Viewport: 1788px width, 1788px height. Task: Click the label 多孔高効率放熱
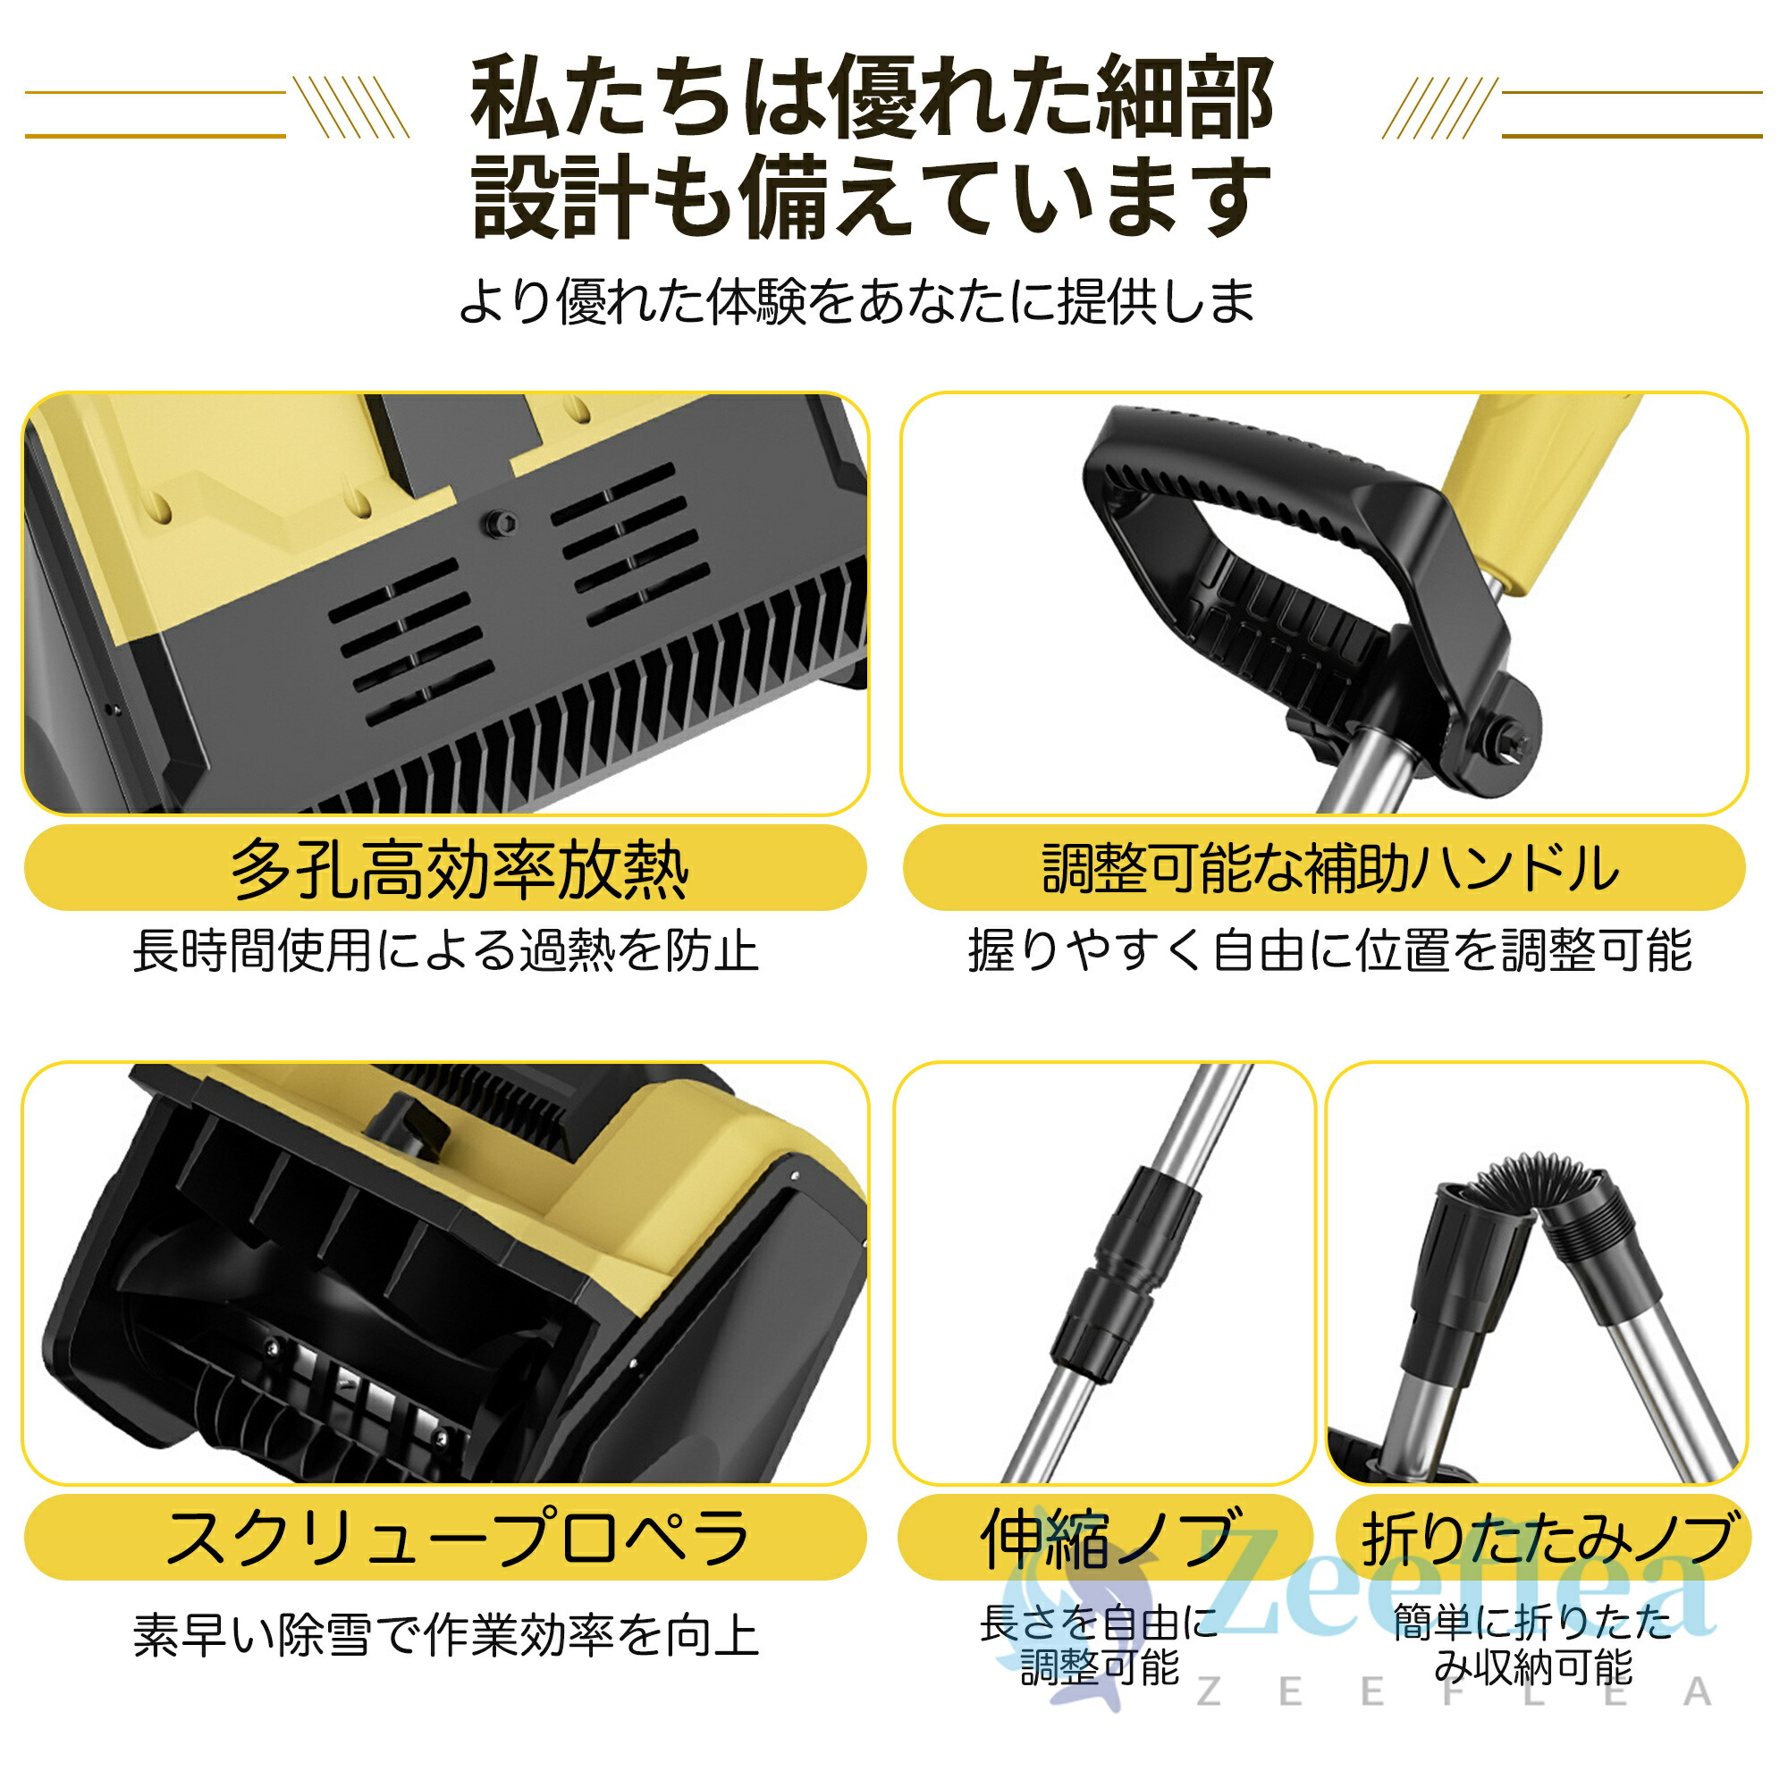click(x=460, y=871)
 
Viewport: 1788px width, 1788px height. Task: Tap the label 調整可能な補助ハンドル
click(x=1330, y=870)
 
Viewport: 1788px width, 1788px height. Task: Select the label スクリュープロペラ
click(x=457, y=1540)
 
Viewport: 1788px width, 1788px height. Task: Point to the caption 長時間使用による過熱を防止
click(x=446, y=951)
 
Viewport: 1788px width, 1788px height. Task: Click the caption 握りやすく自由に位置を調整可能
click(x=1330, y=951)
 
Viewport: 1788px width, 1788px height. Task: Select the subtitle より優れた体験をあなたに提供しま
click(x=857, y=300)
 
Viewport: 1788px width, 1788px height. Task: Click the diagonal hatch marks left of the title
click(x=351, y=107)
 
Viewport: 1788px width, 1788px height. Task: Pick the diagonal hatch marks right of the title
click(x=1439, y=107)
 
